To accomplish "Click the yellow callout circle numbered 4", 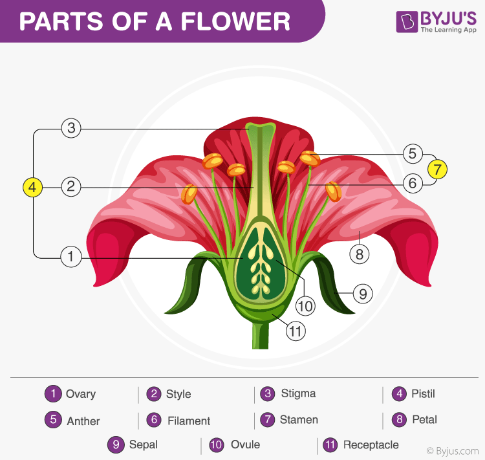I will [33, 188].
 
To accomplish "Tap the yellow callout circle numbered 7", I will [437, 170].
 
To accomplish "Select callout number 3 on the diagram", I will [71, 128].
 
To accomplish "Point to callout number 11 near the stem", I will [296, 332].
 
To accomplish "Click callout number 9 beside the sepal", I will [363, 294].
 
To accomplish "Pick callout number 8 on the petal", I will [359, 254].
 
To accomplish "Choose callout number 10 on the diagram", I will [305, 305].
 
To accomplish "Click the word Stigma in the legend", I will [298, 393].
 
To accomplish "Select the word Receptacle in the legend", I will [371, 444].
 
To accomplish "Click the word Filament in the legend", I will [189, 421].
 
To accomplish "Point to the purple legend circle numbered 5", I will [53, 419].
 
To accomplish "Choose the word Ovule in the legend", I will [245, 444].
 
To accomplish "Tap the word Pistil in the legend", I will [424, 393].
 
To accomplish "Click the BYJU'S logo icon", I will [406, 21].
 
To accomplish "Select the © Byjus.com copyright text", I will [452, 451].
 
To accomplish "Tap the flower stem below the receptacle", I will [260, 336].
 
